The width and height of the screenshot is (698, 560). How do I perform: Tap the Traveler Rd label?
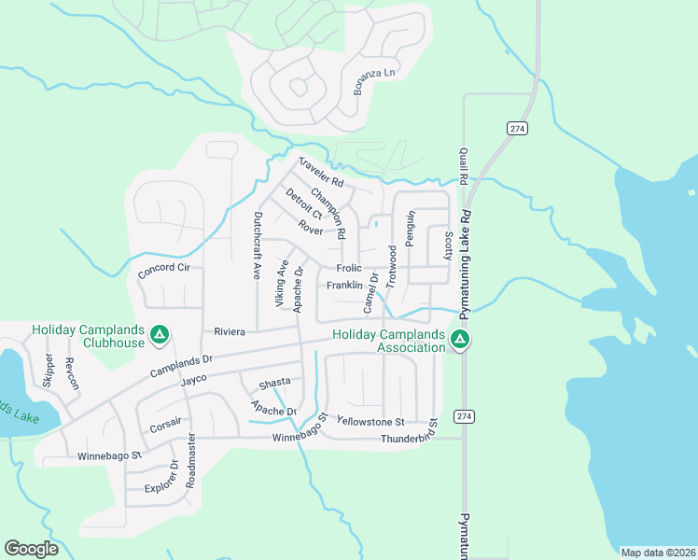(x=322, y=171)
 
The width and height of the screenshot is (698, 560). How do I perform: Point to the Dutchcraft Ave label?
(x=258, y=245)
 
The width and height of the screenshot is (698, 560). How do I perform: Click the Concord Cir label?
(x=163, y=268)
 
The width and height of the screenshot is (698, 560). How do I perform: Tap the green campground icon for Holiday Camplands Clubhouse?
(x=160, y=333)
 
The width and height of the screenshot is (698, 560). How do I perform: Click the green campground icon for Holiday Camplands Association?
(x=459, y=339)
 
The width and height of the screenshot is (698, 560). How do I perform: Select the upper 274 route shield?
(x=515, y=127)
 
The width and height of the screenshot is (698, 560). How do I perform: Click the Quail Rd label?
(x=462, y=165)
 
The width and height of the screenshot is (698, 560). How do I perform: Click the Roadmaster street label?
(x=190, y=460)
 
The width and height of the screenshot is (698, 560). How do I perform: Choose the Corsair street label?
(x=165, y=429)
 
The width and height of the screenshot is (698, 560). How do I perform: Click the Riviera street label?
(x=229, y=331)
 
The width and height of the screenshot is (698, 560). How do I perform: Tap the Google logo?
(x=31, y=548)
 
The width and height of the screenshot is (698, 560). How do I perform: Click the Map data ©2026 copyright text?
(x=657, y=553)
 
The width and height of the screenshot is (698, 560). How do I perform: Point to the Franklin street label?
(x=344, y=286)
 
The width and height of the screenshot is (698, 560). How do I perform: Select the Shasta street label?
(x=275, y=382)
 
